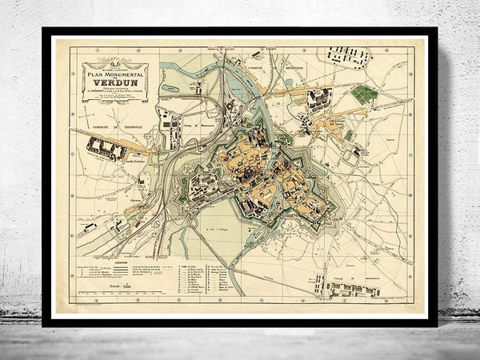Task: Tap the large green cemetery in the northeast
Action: click(364, 95)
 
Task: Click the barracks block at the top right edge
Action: click(346, 56)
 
